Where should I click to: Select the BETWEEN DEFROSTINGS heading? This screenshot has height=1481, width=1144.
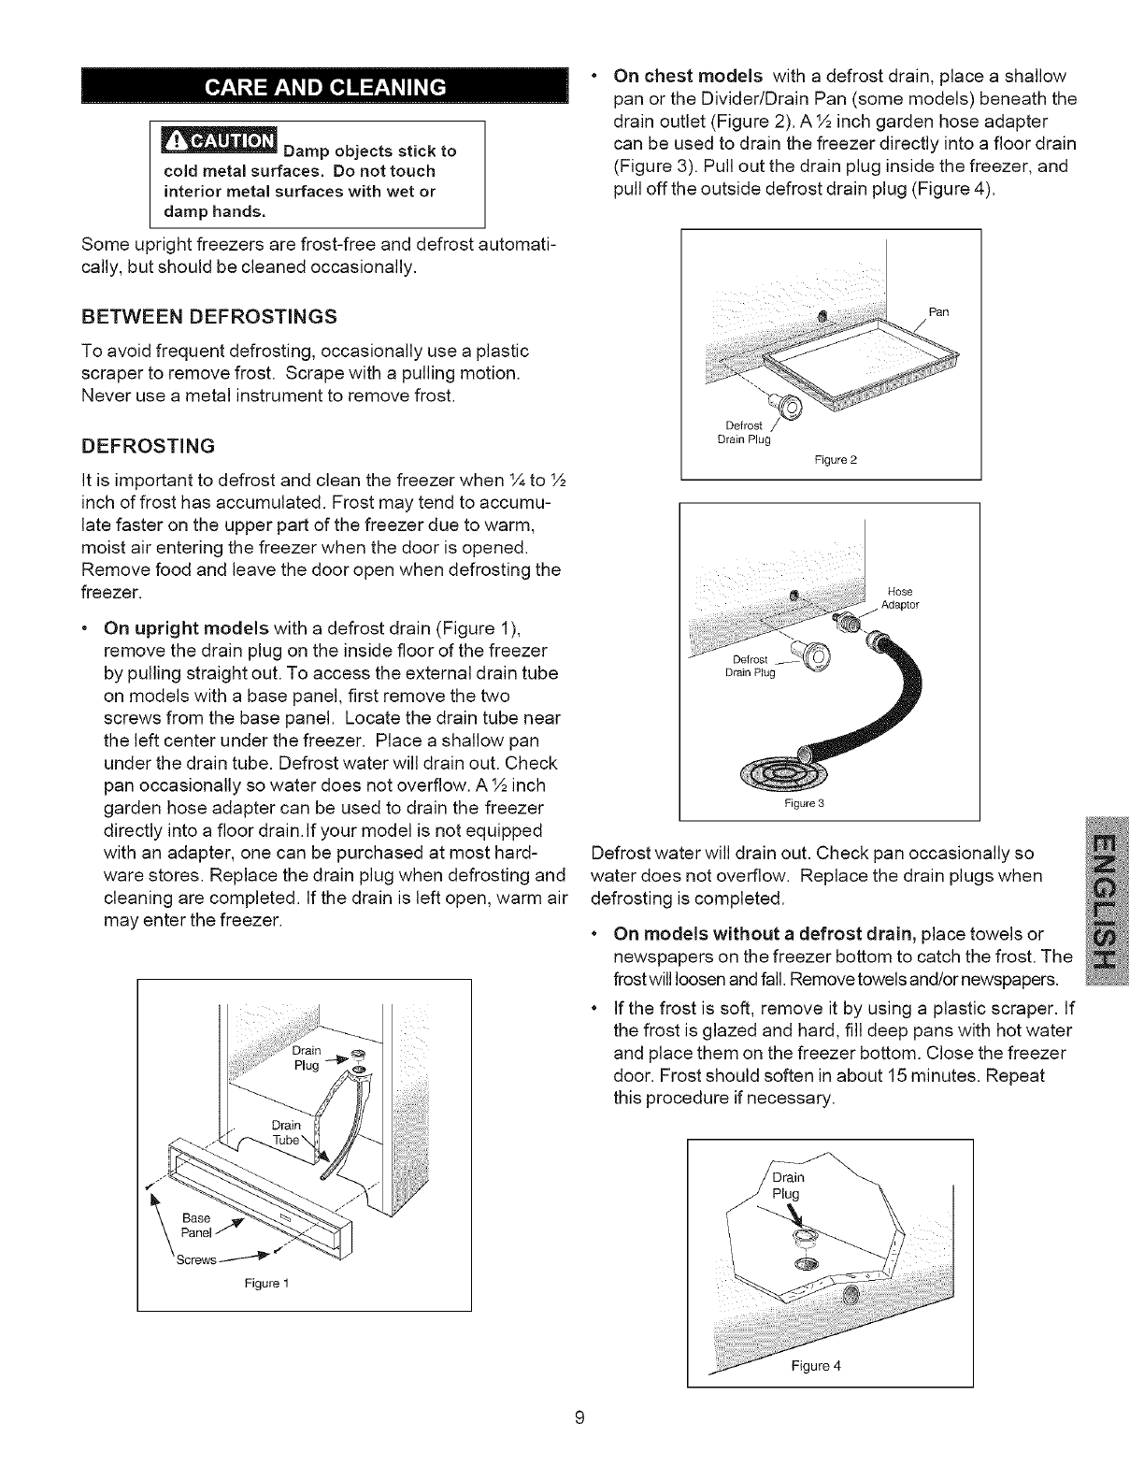[x=209, y=316]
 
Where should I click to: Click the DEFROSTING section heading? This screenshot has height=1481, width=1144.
[x=149, y=443]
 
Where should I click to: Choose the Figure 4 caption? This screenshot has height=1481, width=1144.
[x=816, y=1365]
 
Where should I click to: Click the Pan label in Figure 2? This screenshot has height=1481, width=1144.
[x=938, y=311]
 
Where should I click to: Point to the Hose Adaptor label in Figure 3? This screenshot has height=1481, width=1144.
[x=901, y=597]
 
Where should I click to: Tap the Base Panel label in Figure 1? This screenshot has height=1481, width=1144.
[x=196, y=1224]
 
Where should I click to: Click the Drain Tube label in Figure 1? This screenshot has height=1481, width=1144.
[x=285, y=1131]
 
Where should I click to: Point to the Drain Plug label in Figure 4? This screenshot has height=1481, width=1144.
[x=786, y=1186]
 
